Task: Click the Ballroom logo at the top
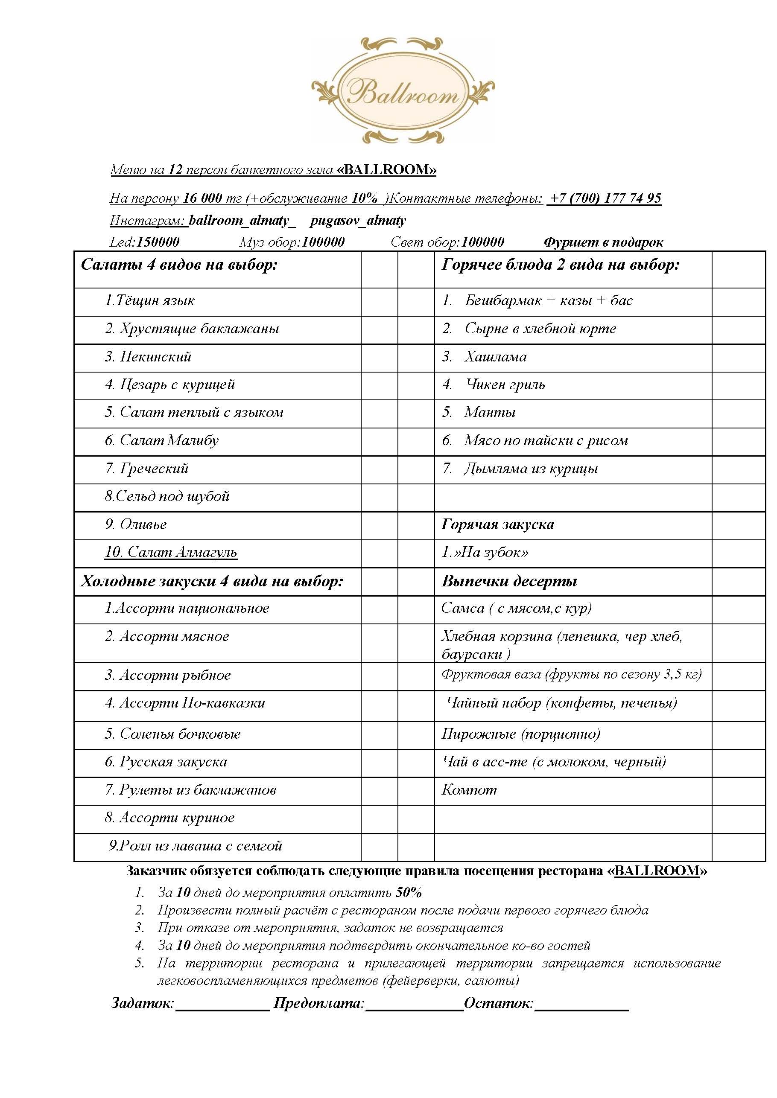pos(403,91)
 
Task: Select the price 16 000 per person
pos(203,198)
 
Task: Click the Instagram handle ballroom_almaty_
pos(242,221)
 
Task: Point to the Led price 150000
pos(158,242)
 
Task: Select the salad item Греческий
pos(154,468)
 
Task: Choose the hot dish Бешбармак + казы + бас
pos(548,300)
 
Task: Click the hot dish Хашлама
pos(495,357)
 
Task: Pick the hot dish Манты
pos(489,412)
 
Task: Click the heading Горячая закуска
pos(498,524)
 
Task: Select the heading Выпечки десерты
pos(509,581)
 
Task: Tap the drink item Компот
pos(469,789)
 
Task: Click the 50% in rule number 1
pos(409,892)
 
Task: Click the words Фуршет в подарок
pos(603,242)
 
